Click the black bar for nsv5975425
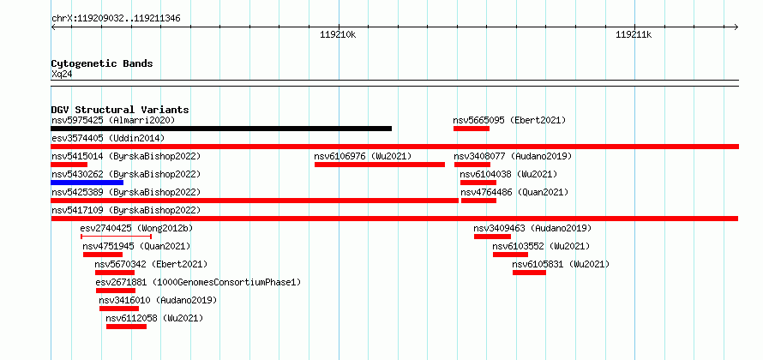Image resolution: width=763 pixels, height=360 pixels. pyautogui.click(x=221, y=129)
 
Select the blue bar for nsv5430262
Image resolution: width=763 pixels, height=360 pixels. pyautogui.click(x=87, y=183)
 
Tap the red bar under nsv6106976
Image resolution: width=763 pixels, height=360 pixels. pyautogui.click(x=380, y=165)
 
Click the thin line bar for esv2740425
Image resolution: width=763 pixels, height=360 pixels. pyautogui.click(x=117, y=237)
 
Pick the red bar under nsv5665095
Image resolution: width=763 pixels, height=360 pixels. pyautogui.click(x=471, y=129)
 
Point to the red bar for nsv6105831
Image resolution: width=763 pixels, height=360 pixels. pyautogui.click(x=529, y=273)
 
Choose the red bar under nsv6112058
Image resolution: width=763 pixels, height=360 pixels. pyautogui.click(x=127, y=327)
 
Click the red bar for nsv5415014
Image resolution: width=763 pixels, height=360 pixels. pyautogui.click(x=69, y=165)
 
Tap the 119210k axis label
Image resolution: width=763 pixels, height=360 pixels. pyautogui.click(x=338, y=34)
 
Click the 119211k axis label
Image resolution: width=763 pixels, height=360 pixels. pyautogui.click(x=634, y=34)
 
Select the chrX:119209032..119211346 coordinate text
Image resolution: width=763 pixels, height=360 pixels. pyautogui.click(x=116, y=19)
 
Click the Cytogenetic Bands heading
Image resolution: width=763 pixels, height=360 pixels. pyautogui.click(x=102, y=63)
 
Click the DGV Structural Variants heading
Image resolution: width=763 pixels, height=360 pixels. pyautogui.click(x=120, y=110)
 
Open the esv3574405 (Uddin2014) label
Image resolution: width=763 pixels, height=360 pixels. pyautogui.click(x=108, y=138)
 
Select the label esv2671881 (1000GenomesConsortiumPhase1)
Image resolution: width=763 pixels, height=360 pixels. pyautogui.click(x=199, y=282)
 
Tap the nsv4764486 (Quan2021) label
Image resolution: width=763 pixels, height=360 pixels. pyautogui.click(x=514, y=192)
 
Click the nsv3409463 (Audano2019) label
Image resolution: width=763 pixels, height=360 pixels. pyautogui.click(x=533, y=228)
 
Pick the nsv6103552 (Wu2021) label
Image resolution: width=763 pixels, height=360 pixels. pyautogui.click(x=541, y=246)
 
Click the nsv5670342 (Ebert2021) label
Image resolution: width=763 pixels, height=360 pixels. pyautogui.click(x=152, y=264)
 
